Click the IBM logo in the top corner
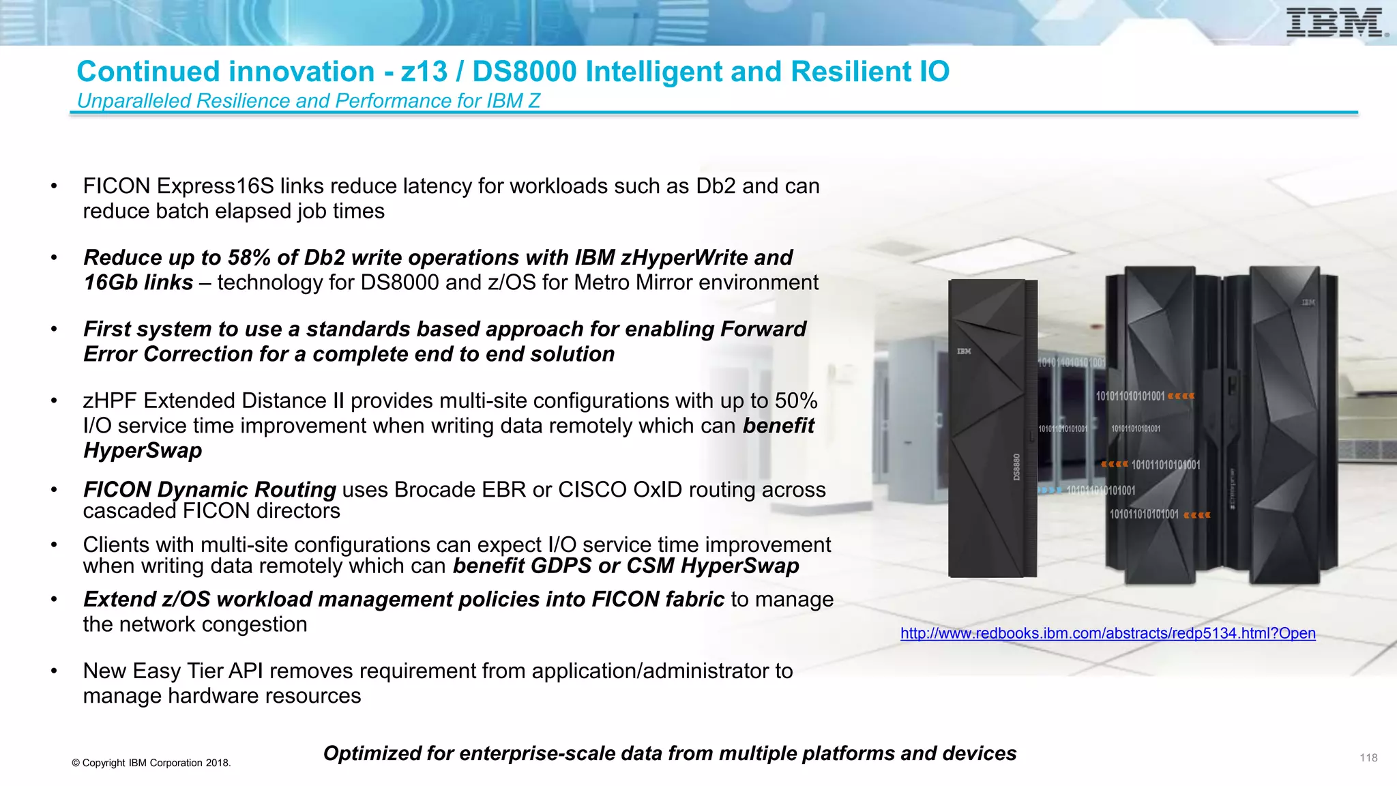(x=1336, y=23)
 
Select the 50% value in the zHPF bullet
(x=796, y=401)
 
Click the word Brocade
(x=438, y=490)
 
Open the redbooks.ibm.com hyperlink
(x=1107, y=633)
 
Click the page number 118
(x=1368, y=758)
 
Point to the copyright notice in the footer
(x=151, y=763)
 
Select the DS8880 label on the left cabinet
(x=1016, y=467)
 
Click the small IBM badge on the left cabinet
(x=964, y=351)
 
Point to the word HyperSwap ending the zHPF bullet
(x=143, y=451)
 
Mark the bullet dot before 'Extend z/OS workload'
(x=54, y=600)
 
